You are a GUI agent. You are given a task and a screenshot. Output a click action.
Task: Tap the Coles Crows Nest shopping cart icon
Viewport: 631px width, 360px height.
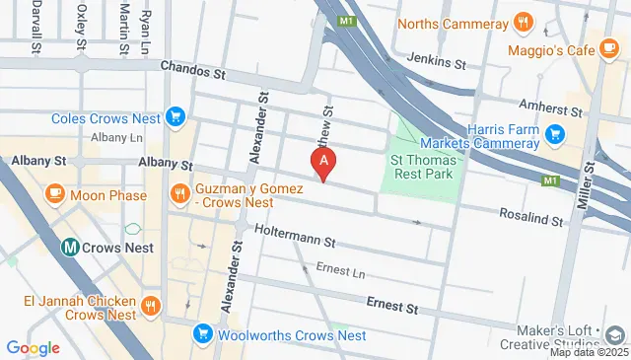[175, 117]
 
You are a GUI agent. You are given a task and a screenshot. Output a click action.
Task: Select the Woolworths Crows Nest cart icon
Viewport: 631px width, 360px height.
[203, 333]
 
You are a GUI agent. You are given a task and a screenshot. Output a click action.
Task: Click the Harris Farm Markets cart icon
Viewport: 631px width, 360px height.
[556, 133]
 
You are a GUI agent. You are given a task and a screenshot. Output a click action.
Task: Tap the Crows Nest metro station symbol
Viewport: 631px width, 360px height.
[70, 248]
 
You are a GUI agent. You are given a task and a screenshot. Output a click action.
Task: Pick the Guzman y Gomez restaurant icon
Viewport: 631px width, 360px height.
[179, 192]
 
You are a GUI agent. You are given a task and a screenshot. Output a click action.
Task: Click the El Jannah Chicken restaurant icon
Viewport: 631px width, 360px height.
[151, 305]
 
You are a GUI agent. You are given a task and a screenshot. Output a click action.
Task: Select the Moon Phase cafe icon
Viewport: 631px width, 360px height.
[55, 194]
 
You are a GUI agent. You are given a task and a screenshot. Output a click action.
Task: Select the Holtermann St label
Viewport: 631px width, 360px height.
[295, 240]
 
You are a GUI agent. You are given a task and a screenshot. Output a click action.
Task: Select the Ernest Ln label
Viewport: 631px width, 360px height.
[340, 268]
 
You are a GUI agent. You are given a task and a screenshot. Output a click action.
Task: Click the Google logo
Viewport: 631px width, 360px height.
[33, 347]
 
